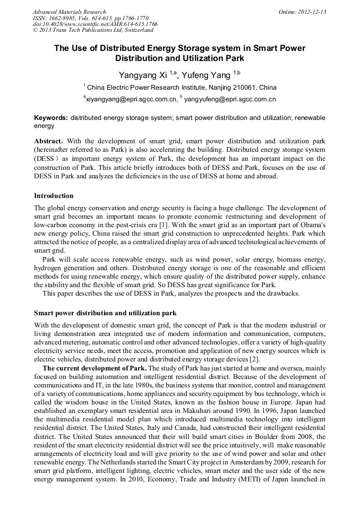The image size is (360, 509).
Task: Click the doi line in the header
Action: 95,24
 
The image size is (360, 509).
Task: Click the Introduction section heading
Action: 54,196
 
